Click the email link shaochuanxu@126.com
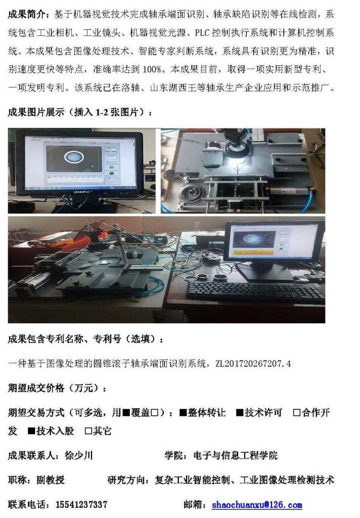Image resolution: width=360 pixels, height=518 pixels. tap(257, 504)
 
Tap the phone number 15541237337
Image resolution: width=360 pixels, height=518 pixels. tap(81, 504)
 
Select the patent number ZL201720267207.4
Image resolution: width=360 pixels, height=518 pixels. tap(253, 364)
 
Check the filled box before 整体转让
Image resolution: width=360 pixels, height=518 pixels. tap(184, 413)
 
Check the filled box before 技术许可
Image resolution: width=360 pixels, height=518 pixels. tap(240, 413)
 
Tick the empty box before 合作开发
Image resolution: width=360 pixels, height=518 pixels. tap(297, 413)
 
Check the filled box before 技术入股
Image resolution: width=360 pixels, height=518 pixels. tap(32, 431)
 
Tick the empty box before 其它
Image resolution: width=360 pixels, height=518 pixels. tap(88, 431)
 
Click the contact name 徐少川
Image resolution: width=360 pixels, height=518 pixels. tap(78, 456)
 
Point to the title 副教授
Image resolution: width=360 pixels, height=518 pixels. tap(51, 480)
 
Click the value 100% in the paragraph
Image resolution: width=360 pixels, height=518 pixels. tap(152, 69)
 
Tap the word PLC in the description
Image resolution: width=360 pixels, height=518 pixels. tap(202, 33)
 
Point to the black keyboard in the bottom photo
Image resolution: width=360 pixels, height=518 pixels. tap(255, 291)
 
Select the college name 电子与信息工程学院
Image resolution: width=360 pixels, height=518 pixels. tap(236, 456)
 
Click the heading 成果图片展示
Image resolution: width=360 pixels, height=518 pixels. tap(36, 112)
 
